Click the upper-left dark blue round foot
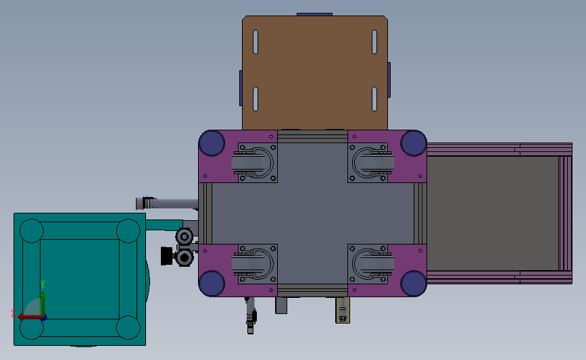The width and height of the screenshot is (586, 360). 212,143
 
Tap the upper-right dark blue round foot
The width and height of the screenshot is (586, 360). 414,143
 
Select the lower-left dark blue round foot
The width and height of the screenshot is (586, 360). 212,284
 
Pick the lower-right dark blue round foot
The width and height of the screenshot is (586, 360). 414,284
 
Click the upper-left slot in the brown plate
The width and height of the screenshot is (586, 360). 255,42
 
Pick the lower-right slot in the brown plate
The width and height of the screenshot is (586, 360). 374,99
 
